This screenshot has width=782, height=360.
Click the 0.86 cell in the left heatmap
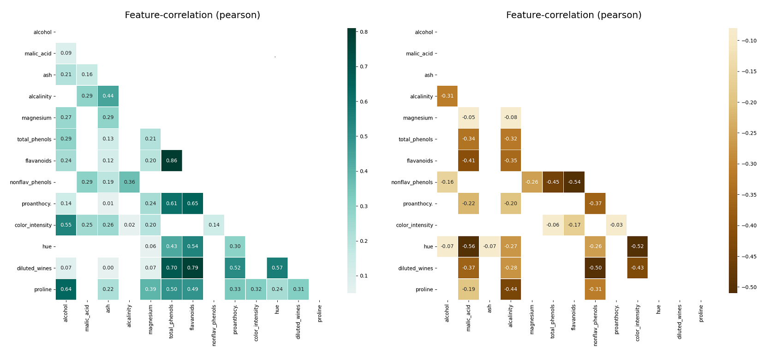tap(172, 161)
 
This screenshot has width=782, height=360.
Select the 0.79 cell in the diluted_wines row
tap(192, 268)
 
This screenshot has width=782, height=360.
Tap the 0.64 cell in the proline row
tap(66, 289)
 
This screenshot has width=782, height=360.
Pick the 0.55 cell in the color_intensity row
tap(66, 225)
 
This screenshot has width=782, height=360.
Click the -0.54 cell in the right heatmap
tap(574, 182)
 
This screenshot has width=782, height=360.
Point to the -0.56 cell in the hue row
tap(468, 246)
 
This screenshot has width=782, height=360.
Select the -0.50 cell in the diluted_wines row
tap(595, 268)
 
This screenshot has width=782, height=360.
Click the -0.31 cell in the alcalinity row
tap(447, 96)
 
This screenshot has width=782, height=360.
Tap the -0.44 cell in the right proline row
tap(511, 289)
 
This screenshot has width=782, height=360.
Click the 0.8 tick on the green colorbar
tap(364, 32)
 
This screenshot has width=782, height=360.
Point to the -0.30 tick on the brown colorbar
tap(749, 164)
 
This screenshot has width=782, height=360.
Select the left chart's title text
tap(192, 15)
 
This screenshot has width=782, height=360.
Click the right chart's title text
tap(573, 15)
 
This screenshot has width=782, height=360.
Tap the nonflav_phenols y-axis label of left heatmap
tap(30, 182)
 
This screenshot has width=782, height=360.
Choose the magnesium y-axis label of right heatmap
tap(418, 118)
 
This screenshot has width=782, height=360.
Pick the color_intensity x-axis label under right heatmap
tap(638, 322)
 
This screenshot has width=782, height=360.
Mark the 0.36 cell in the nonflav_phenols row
tap(129, 182)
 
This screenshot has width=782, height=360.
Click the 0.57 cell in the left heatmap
tap(277, 268)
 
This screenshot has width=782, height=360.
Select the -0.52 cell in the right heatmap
tap(637, 246)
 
